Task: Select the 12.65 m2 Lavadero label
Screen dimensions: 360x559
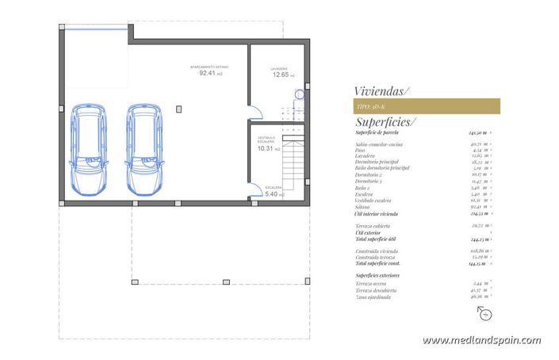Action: point(281,75)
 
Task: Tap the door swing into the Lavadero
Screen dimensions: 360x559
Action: point(252,113)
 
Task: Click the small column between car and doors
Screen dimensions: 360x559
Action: point(179,107)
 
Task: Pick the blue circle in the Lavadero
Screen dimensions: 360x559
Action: point(299,94)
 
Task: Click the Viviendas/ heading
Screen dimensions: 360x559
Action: point(381,91)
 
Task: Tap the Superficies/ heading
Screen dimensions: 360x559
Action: point(385,122)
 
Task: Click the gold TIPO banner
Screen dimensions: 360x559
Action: point(426,105)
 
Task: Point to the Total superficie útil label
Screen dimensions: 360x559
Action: point(386,239)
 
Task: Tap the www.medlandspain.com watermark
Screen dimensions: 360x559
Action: point(482,340)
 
